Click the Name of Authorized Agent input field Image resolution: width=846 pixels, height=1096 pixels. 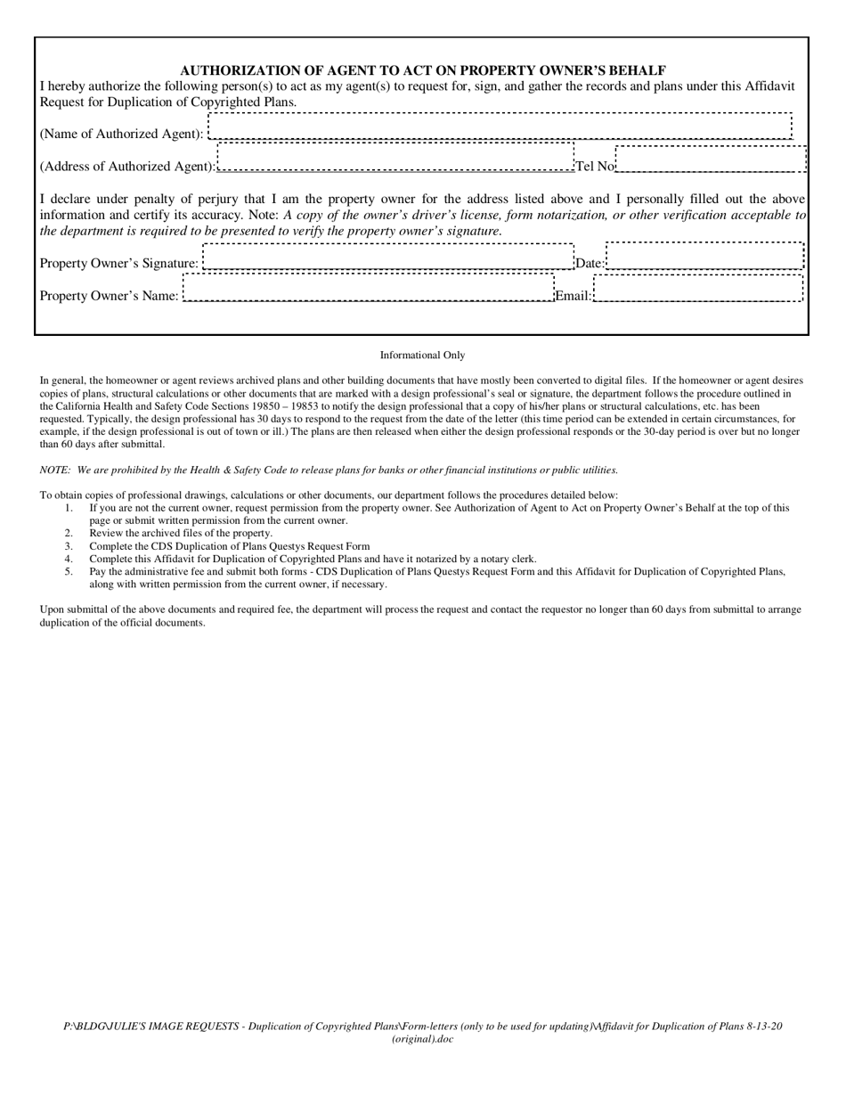coord(500,127)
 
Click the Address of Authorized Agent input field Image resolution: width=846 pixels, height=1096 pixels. coord(395,156)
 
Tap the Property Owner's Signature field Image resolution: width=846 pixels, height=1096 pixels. coord(388,257)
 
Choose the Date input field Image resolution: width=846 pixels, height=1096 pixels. coord(704,256)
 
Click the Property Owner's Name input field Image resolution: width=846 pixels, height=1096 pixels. coord(368,288)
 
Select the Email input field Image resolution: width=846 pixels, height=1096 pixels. coord(698,289)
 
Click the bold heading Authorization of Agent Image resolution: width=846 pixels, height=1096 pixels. coord(423,70)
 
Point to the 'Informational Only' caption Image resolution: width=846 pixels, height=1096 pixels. coord(422,356)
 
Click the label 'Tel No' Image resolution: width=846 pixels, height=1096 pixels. coord(595,167)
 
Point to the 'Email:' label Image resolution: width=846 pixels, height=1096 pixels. coord(573,296)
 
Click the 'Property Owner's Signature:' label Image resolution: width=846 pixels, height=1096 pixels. coord(119,264)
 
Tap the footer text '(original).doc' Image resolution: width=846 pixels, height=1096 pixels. coord(422,1039)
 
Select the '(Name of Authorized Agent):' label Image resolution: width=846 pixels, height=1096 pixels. coord(122,135)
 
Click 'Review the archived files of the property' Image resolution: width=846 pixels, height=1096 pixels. coord(180,534)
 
